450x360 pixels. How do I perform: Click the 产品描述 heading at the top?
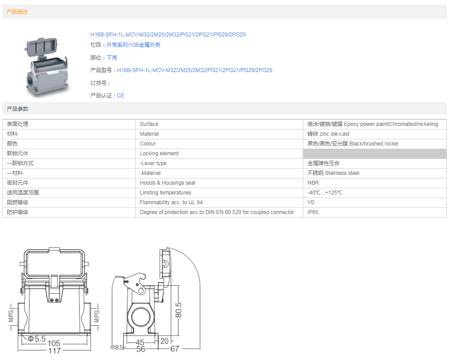[17, 12]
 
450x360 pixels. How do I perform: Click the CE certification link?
[121, 96]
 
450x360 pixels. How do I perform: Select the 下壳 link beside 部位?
[112, 58]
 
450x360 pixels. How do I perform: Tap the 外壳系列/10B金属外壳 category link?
[133, 45]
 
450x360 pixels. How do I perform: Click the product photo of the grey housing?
[47, 67]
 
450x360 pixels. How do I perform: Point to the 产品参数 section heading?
[17, 109]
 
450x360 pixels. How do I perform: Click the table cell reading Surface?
[149, 124]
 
